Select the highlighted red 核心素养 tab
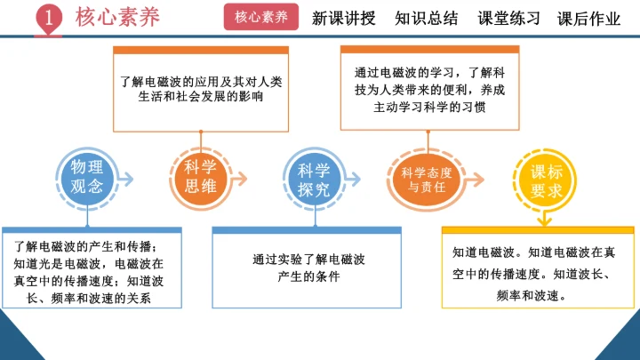point(261,18)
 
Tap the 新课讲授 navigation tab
point(344,18)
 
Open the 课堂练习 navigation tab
point(508,18)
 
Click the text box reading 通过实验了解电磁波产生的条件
point(306,269)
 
